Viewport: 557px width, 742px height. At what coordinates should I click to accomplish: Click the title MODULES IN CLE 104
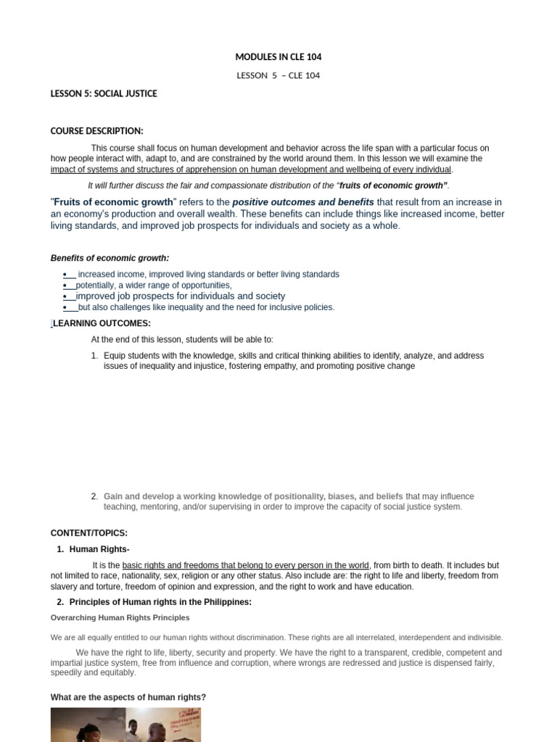pos(278,57)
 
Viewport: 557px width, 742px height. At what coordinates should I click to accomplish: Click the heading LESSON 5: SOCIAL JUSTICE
pos(104,93)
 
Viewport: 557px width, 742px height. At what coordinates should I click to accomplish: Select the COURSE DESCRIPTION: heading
pos(96,131)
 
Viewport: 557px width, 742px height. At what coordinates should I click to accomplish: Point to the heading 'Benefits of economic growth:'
pos(110,258)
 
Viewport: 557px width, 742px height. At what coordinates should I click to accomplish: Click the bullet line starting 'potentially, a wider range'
pos(154,285)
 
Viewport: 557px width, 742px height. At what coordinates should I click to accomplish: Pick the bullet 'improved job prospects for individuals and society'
pos(181,296)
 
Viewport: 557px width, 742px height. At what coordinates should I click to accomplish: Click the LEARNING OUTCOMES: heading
pos(102,323)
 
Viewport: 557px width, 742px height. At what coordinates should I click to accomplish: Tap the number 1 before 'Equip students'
pos(94,356)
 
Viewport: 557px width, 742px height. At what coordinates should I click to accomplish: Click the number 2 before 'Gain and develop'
pos(94,496)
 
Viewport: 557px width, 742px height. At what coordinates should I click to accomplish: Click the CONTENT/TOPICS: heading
pos(88,533)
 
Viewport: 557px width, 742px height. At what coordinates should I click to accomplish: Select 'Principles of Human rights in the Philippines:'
pos(160,602)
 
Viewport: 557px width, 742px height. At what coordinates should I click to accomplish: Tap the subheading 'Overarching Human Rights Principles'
pos(120,618)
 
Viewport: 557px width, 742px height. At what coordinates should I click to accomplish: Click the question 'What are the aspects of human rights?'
pos(128,697)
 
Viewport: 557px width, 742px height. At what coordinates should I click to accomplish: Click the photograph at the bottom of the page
pos(125,725)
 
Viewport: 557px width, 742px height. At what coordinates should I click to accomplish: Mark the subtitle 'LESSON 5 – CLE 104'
pos(278,75)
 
